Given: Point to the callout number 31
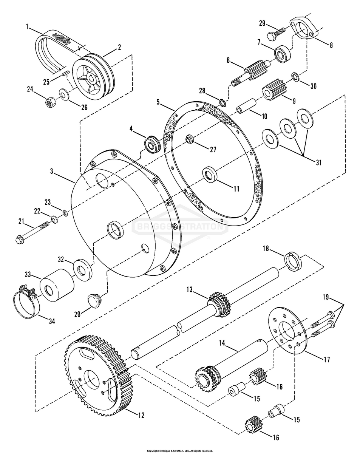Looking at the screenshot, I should click(319, 163).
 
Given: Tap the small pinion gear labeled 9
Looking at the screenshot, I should click(270, 91).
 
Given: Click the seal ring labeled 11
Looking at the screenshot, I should click(210, 175).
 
